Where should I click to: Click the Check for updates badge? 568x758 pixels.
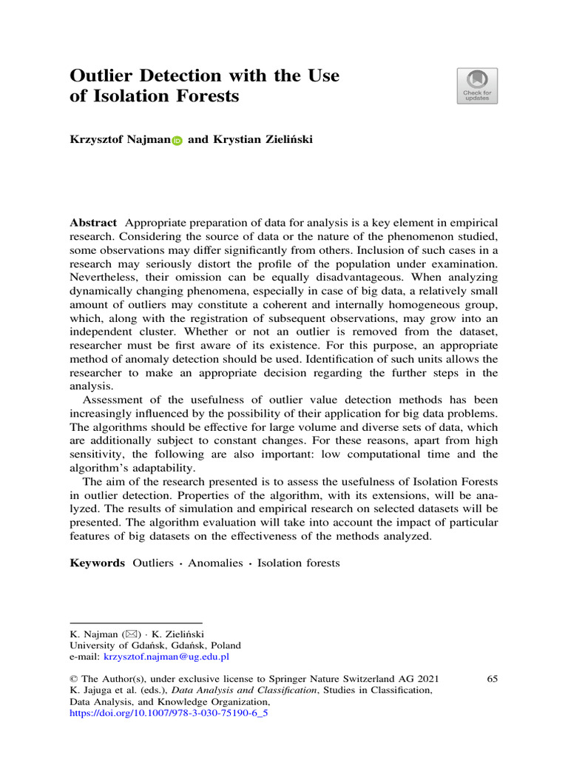pos(477,86)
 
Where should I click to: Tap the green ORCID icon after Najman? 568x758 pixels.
pos(177,140)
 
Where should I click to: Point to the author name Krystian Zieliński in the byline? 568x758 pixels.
pos(251,139)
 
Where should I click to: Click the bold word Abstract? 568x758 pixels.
pos(93,223)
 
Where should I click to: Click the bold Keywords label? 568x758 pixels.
pos(97,563)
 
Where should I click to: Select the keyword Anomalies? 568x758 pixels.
pos(215,563)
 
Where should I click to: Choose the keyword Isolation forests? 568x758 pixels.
pos(299,563)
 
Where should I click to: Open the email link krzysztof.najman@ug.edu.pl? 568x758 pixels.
pos(166,656)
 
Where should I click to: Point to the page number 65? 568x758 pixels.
pos(492,679)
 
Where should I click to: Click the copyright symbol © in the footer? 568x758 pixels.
pos(74,679)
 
